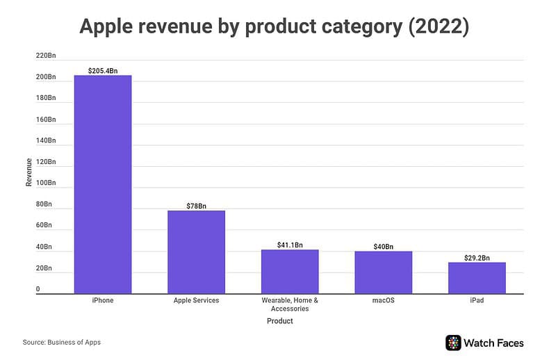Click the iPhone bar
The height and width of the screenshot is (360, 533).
103,184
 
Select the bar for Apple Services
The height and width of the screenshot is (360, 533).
196,252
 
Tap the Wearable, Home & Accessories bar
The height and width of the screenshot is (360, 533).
290,271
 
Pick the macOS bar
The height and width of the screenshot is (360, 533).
383,272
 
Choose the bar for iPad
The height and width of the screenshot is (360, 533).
477,277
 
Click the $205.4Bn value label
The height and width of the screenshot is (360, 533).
103,71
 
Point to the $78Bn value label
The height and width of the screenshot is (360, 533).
196,206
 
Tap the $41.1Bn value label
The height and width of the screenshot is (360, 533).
290,245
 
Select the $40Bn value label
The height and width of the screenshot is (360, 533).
383,247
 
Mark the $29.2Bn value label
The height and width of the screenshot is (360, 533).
477,258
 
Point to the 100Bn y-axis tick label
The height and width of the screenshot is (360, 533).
45,183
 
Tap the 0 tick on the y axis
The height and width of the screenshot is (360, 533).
38,289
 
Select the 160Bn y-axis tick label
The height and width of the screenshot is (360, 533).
45,119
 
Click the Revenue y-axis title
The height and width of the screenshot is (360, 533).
28,172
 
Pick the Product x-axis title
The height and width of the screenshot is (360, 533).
279,321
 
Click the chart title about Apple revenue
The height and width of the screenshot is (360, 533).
274,26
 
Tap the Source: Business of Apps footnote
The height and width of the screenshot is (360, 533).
61,343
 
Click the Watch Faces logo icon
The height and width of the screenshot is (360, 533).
453,343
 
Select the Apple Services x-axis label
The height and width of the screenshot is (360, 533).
196,300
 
